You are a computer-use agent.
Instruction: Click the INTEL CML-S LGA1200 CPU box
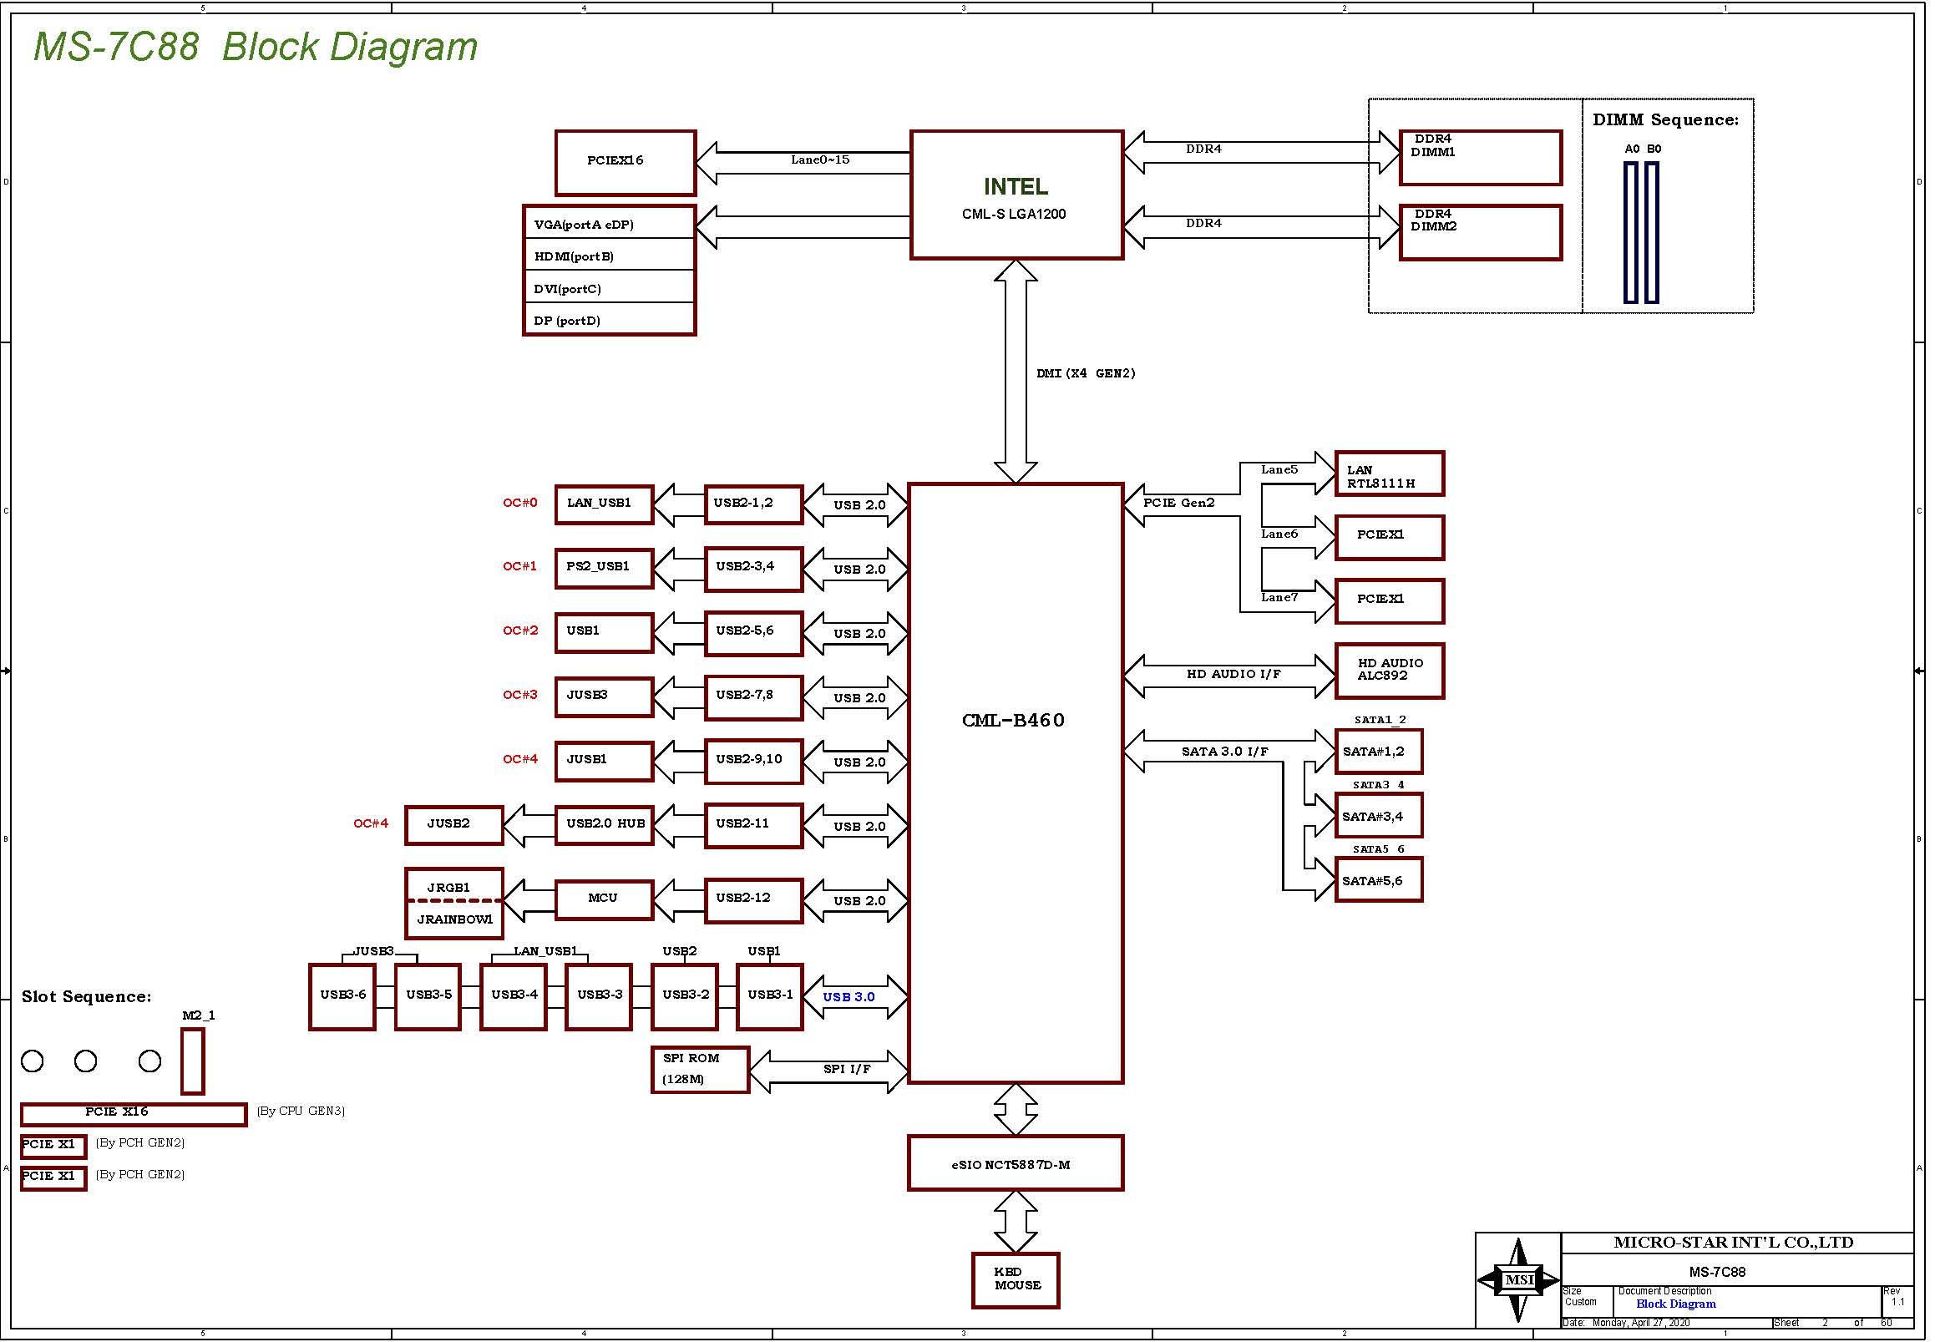coord(1016,195)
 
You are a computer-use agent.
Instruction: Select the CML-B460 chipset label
coord(1013,720)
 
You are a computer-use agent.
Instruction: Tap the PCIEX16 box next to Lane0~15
coord(625,162)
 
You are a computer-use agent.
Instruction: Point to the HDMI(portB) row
coord(609,256)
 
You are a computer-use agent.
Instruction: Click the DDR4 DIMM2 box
coord(1480,232)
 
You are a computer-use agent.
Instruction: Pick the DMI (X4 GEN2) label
coord(1086,373)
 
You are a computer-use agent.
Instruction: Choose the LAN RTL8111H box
coord(1389,473)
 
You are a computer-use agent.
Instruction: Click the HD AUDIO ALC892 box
coord(1389,670)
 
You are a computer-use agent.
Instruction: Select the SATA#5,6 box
coord(1378,879)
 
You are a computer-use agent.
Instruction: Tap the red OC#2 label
coord(520,630)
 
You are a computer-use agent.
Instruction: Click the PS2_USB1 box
coord(604,568)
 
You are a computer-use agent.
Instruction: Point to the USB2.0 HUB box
coord(604,825)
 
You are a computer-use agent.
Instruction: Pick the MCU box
coord(604,899)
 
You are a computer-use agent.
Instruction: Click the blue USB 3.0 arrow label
coord(848,997)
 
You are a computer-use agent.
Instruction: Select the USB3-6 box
coord(342,996)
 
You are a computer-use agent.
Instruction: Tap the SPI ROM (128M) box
coord(700,1070)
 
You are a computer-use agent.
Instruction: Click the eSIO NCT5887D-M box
coord(1015,1164)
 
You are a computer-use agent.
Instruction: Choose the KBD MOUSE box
coord(1015,1279)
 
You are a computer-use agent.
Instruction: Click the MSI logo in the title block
coord(1518,1279)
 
